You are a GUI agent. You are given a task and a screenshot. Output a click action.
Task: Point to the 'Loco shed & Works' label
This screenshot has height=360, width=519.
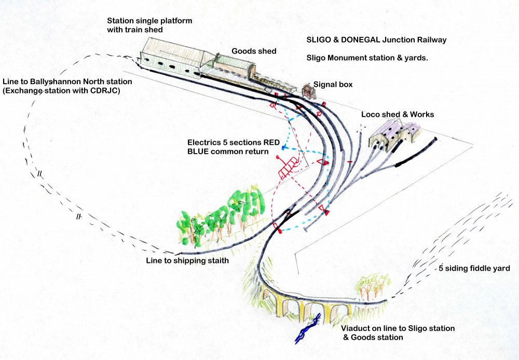point(398,114)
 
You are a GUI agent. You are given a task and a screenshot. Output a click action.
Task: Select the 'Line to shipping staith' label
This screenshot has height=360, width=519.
point(187,260)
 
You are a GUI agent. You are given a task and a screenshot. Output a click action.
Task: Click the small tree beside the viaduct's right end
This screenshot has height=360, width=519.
point(372,286)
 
